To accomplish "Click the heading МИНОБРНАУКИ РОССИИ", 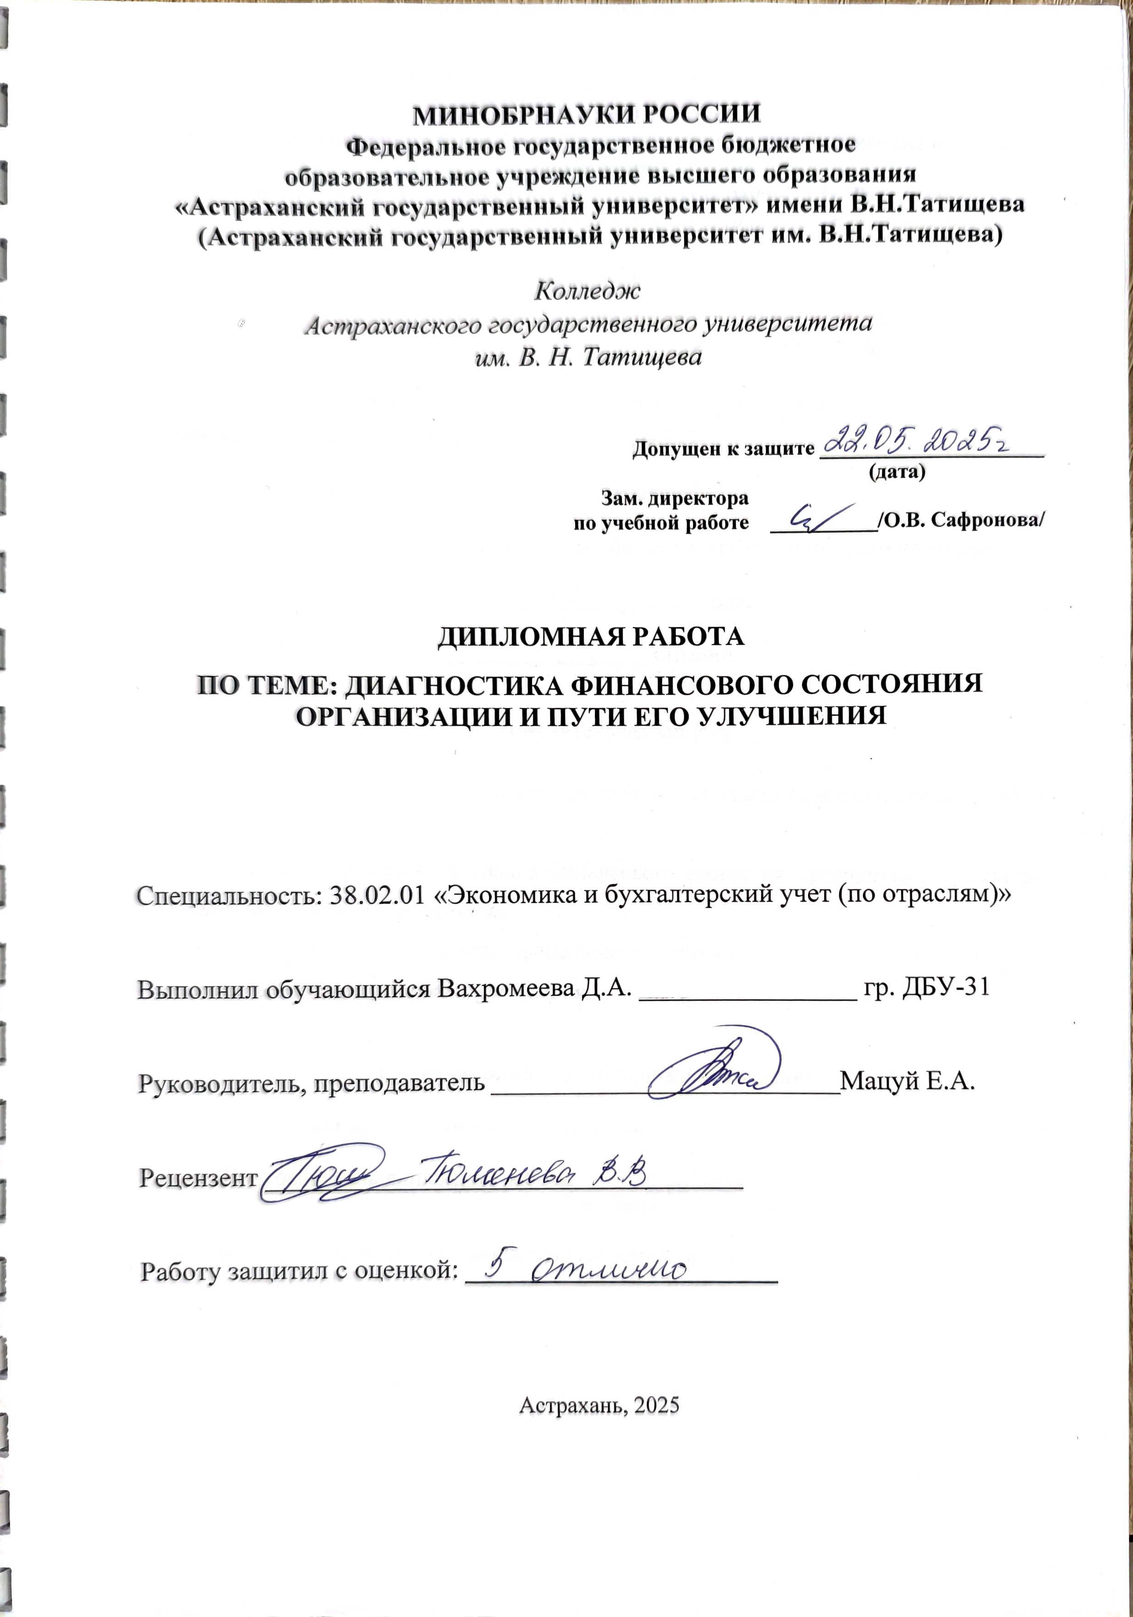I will [587, 114].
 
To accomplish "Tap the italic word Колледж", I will [588, 290].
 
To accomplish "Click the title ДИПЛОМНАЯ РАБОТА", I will [591, 636].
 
